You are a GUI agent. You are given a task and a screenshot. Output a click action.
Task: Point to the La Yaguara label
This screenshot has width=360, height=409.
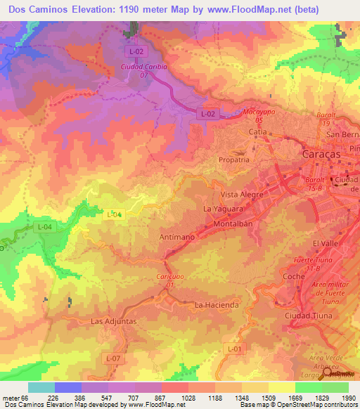coord(223,209)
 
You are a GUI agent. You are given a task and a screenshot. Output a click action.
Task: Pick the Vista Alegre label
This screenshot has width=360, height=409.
coord(242,194)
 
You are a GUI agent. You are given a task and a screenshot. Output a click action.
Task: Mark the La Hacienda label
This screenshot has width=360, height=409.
coord(217,305)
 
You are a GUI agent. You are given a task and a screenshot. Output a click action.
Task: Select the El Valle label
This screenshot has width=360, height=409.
coord(326,243)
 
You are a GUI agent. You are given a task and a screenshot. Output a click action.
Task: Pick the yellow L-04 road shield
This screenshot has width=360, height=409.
coord(114,214)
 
